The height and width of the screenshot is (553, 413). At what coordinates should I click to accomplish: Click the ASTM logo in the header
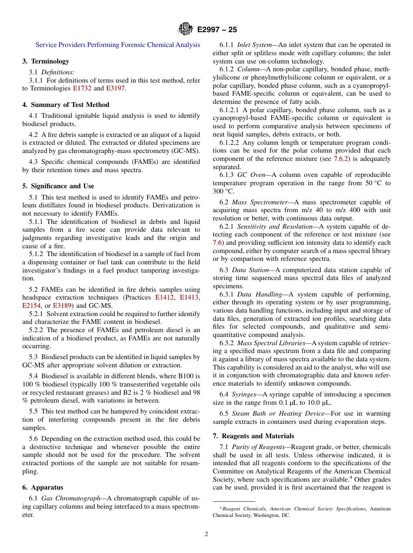(186, 30)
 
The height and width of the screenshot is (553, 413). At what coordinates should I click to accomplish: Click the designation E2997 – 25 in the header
(217, 30)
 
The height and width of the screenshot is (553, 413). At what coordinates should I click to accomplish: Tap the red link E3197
(116, 88)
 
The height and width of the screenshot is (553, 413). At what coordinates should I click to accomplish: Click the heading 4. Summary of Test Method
(66, 105)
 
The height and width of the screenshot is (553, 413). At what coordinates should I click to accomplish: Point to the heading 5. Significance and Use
(58, 186)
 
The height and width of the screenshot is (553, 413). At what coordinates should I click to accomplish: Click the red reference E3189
(63, 306)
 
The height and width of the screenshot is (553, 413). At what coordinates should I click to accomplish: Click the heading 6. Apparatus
(43, 488)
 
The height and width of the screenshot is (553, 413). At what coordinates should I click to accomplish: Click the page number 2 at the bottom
(206, 534)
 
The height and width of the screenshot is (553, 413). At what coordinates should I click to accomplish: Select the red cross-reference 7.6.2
(341, 159)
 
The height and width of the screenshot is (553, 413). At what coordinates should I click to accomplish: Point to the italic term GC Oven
(251, 175)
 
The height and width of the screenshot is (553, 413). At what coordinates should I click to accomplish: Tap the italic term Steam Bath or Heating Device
(278, 413)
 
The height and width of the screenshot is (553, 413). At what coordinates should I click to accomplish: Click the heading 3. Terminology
(46, 61)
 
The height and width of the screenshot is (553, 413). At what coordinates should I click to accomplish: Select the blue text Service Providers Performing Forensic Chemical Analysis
(118, 45)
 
